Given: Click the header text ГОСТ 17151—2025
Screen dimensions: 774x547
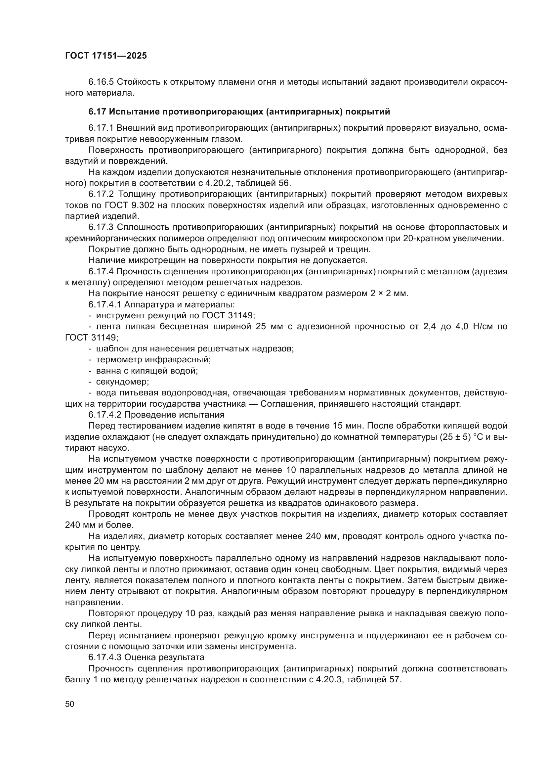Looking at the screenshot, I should [106, 56].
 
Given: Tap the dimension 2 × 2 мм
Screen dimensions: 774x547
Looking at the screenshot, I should [389, 294].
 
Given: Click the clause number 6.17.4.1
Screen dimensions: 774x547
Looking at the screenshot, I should [105, 305].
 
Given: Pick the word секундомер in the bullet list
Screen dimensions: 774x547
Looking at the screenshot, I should [122, 382].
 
